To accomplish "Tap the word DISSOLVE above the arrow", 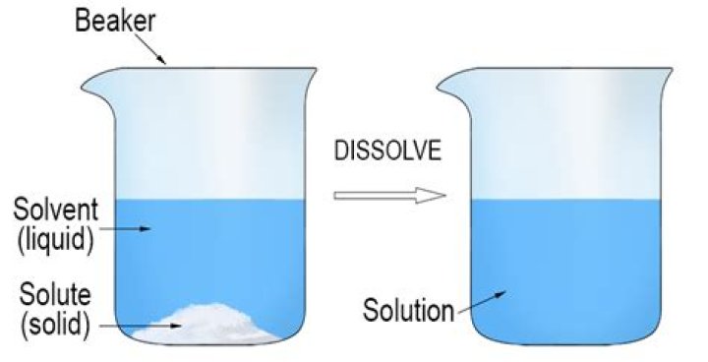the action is (x=386, y=152).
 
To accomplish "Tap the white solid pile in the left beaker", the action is (x=211, y=325).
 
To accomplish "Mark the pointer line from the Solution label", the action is (x=482, y=300).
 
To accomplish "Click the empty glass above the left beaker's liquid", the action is (x=216, y=138).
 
